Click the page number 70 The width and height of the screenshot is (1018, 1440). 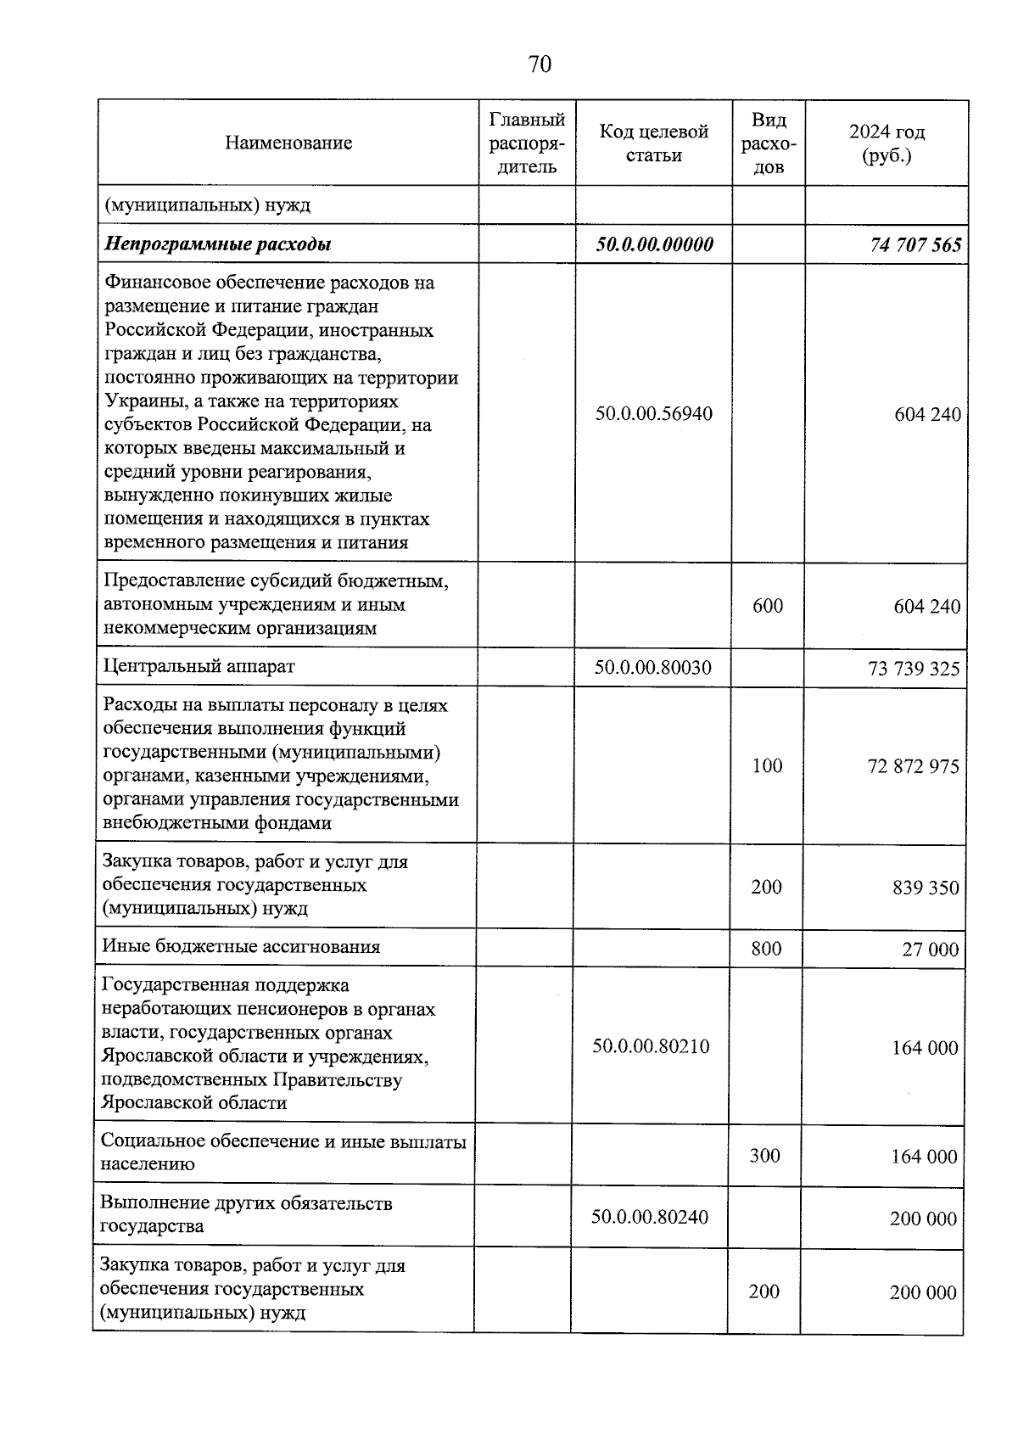coord(540,64)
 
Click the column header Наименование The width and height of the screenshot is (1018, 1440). coord(288,143)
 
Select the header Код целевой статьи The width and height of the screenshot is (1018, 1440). coord(653,143)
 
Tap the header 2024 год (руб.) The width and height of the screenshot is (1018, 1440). coord(887,143)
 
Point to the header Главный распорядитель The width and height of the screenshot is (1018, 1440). coord(527,143)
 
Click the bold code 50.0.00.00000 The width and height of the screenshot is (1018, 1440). coord(654,244)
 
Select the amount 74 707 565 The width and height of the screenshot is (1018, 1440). coord(915,245)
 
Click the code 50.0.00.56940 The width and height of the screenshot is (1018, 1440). coord(653,414)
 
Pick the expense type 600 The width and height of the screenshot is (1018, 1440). coord(768,606)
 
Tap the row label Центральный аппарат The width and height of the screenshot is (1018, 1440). coord(199,667)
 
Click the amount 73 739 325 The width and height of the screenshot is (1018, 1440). coord(914,669)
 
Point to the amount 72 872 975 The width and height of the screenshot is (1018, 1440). coord(914,767)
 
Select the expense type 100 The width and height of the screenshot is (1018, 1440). coord(767,766)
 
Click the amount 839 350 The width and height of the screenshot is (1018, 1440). coord(926,888)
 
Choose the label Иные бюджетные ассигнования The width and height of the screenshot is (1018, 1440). coord(241,947)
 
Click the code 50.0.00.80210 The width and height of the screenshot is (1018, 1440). coord(651,1046)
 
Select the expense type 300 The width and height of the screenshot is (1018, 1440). coord(764,1156)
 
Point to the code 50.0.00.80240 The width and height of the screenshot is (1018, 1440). coord(649,1218)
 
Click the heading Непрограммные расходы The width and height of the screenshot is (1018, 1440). coord(217,244)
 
